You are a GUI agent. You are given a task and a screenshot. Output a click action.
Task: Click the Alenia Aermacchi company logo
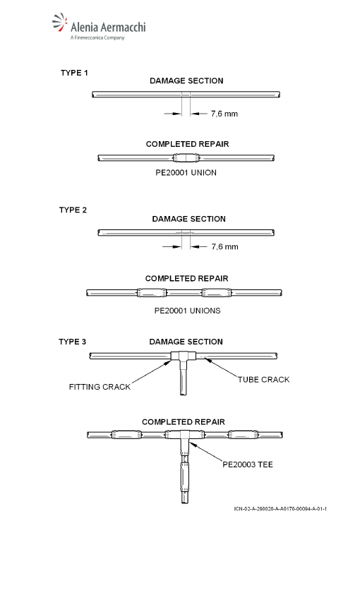pos(99,26)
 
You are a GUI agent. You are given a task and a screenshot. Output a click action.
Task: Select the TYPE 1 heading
pos(74,73)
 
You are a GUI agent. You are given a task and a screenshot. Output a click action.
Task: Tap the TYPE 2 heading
pos(73,210)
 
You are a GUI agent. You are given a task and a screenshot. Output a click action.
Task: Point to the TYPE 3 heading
pos(72,342)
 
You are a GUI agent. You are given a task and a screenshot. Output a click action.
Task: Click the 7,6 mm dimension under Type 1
pos(224,114)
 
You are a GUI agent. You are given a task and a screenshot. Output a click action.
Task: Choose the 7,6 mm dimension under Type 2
pos(225,246)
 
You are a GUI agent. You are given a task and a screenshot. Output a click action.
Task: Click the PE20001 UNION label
pos(186,172)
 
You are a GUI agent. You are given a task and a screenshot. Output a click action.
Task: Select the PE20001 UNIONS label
pos(188,311)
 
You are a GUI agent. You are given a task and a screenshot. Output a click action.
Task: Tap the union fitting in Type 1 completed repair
pos(186,157)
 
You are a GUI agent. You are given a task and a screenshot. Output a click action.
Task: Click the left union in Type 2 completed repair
pos(152,293)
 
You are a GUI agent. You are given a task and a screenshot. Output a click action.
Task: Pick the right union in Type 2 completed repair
pos(217,293)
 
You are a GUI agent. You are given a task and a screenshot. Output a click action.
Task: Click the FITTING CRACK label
pos(100,387)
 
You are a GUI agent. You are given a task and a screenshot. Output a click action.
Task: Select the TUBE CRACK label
pos(263,380)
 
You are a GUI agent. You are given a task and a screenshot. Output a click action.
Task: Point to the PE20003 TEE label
pos(248,464)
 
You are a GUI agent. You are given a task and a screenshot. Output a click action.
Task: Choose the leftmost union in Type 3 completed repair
pos(126,435)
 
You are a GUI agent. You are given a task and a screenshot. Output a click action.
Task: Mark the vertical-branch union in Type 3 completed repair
pos(185,477)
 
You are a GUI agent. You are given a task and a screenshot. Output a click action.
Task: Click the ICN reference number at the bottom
pos(280,508)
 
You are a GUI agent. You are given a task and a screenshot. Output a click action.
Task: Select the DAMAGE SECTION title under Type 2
pos(189,219)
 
